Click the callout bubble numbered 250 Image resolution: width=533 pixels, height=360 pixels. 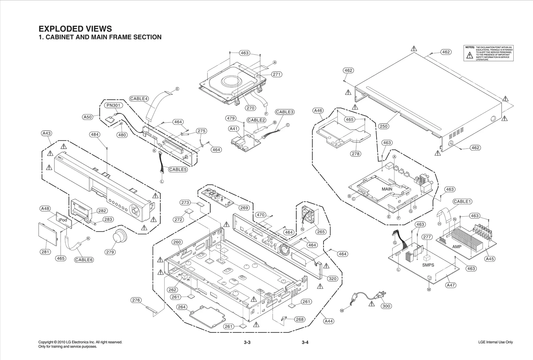point(383,126)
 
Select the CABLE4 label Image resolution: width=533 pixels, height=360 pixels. point(139,99)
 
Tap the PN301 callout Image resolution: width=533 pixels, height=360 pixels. point(114,105)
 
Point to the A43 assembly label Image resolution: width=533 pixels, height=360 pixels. point(46,133)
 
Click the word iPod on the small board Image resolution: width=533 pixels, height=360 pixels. point(63,220)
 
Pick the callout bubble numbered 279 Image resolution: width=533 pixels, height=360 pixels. point(110,252)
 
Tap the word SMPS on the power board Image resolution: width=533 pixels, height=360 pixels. point(428,265)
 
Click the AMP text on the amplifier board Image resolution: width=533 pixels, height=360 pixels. point(457,247)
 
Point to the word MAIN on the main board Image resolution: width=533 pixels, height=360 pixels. point(387,189)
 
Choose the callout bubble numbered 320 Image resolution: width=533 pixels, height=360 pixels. point(332,279)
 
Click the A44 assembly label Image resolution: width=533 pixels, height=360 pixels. point(328,321)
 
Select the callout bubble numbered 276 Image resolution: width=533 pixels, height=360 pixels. point(136,300)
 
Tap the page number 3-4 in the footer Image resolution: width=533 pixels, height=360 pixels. point(305,342)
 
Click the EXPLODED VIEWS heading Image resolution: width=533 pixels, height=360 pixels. point(75,29)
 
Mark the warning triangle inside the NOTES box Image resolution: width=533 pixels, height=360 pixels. point(470,56)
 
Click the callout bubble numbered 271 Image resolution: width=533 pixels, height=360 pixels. point(276,74)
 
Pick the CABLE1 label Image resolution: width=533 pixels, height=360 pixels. point(462,201)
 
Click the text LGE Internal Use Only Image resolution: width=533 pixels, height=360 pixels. point(495,342)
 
